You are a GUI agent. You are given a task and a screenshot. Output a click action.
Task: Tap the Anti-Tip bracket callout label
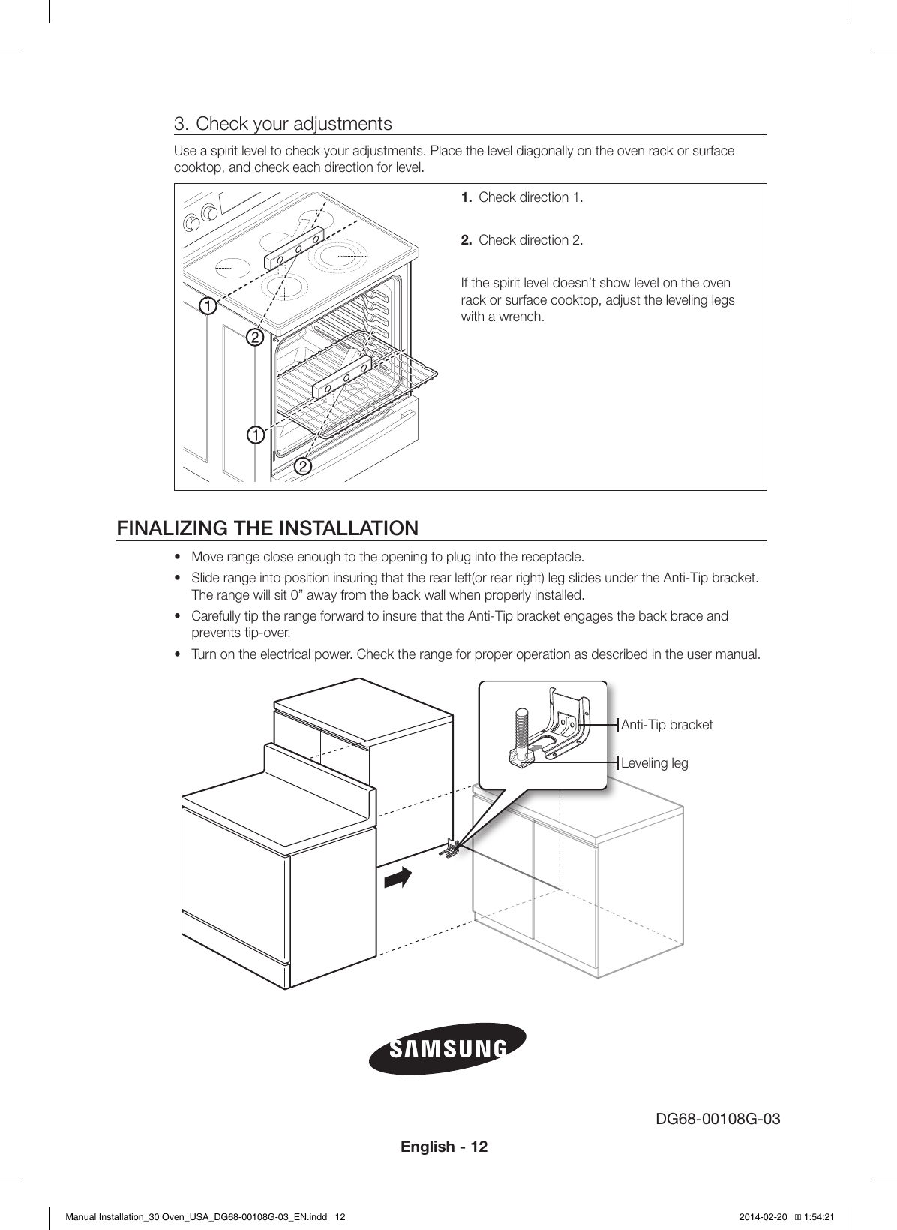point(667,725)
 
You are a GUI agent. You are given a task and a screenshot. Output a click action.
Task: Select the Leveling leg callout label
point(655,763)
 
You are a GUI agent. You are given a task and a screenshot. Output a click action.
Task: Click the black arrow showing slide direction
point(398,877)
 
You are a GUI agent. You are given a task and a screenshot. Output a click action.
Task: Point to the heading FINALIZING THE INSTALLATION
point(268,528)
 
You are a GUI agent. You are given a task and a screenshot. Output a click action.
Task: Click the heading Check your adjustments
point(293,123)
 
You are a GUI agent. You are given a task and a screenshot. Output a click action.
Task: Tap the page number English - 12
point(444,1147)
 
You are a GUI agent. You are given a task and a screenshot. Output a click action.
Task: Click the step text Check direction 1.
point(530,197)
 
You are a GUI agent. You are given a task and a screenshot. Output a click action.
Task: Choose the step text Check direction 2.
point(530,240)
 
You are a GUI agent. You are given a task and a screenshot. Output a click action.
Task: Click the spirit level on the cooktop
point(293,247)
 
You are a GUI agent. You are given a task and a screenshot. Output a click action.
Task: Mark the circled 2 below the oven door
point(301,467)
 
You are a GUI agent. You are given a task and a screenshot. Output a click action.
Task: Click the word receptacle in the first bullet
point(553,557)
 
